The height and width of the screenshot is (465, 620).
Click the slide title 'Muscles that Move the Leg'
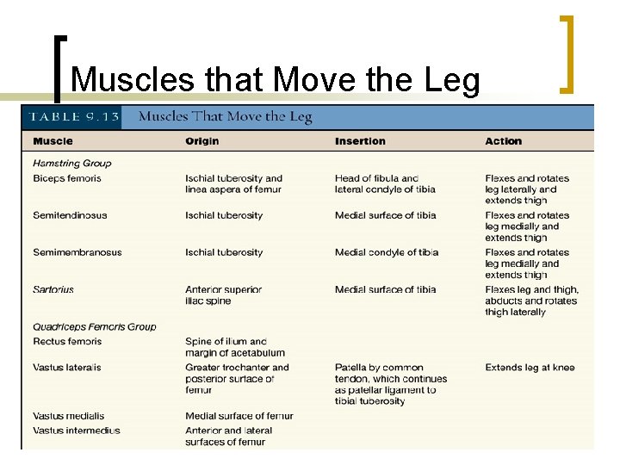click(x=276, y=79)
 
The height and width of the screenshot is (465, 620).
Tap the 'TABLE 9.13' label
click(x=72, y=117)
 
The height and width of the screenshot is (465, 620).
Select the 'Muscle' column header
click(x=53, y=141)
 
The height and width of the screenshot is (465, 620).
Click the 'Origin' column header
click(x=202, y=141)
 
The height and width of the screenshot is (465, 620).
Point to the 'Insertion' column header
click(x=360, y=141)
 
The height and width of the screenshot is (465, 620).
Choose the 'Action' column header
click(x=503, y=141)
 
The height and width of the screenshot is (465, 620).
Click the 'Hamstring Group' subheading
click(x=72, y=164)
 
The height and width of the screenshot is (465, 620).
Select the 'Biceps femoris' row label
click(x=67, y=178)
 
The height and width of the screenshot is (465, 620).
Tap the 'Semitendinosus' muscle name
click(x=70, y=215)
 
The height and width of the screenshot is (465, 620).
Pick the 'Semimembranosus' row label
click(x=77, y=252)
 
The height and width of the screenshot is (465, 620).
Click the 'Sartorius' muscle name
click(x=53, y=289)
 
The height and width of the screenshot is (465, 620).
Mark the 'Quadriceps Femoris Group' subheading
click(x=95, y=327)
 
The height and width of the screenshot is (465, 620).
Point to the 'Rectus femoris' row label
click(x=67, y=342)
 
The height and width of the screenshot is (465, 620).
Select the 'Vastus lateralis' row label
click(x=67, y=368)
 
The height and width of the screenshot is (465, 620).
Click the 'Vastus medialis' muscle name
click(x=67, y=417)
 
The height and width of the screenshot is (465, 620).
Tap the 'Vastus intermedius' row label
click(x=77, y=431)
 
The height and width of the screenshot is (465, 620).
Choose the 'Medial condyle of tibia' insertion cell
click(x=387, y=252)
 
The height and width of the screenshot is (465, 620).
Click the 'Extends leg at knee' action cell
click(x=530, y=368)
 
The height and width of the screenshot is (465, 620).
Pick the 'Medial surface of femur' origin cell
click(x=239, y=417)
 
